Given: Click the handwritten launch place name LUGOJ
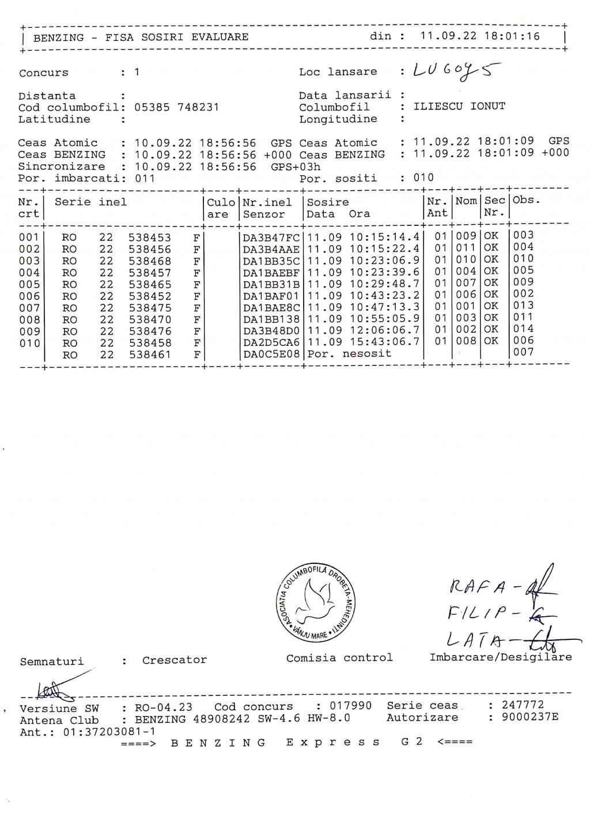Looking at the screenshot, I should click(455, 71).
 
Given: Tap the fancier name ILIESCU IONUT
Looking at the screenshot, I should click(459, 107).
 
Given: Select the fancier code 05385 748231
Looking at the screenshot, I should click(176, 107).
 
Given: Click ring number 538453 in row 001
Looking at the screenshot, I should click(150, 238).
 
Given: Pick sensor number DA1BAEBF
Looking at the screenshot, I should click(271, 273).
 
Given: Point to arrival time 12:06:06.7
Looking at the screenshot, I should click(384, 330).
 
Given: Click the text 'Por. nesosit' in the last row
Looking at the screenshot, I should click(342, 354).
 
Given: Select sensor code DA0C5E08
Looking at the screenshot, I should click(271, 354).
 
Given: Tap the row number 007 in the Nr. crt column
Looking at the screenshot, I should click(29, 308).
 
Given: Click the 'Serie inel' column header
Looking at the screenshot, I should click(90, 202).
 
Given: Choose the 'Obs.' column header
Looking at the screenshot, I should click(527, 201).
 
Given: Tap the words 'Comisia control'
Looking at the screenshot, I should click(339, 658).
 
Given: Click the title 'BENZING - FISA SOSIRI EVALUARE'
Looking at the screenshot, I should click(141, 37).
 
